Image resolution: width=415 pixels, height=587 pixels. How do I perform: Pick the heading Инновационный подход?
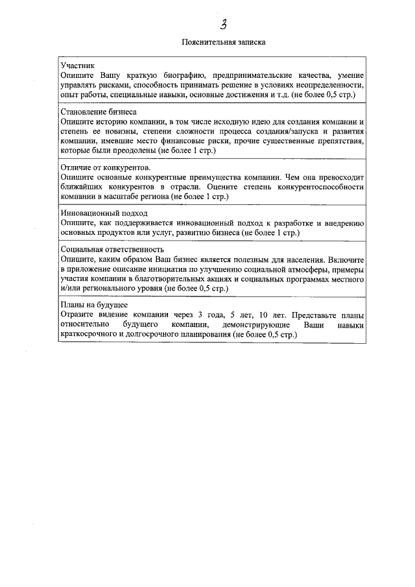104,213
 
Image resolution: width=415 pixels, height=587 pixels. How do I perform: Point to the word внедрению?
344,222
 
